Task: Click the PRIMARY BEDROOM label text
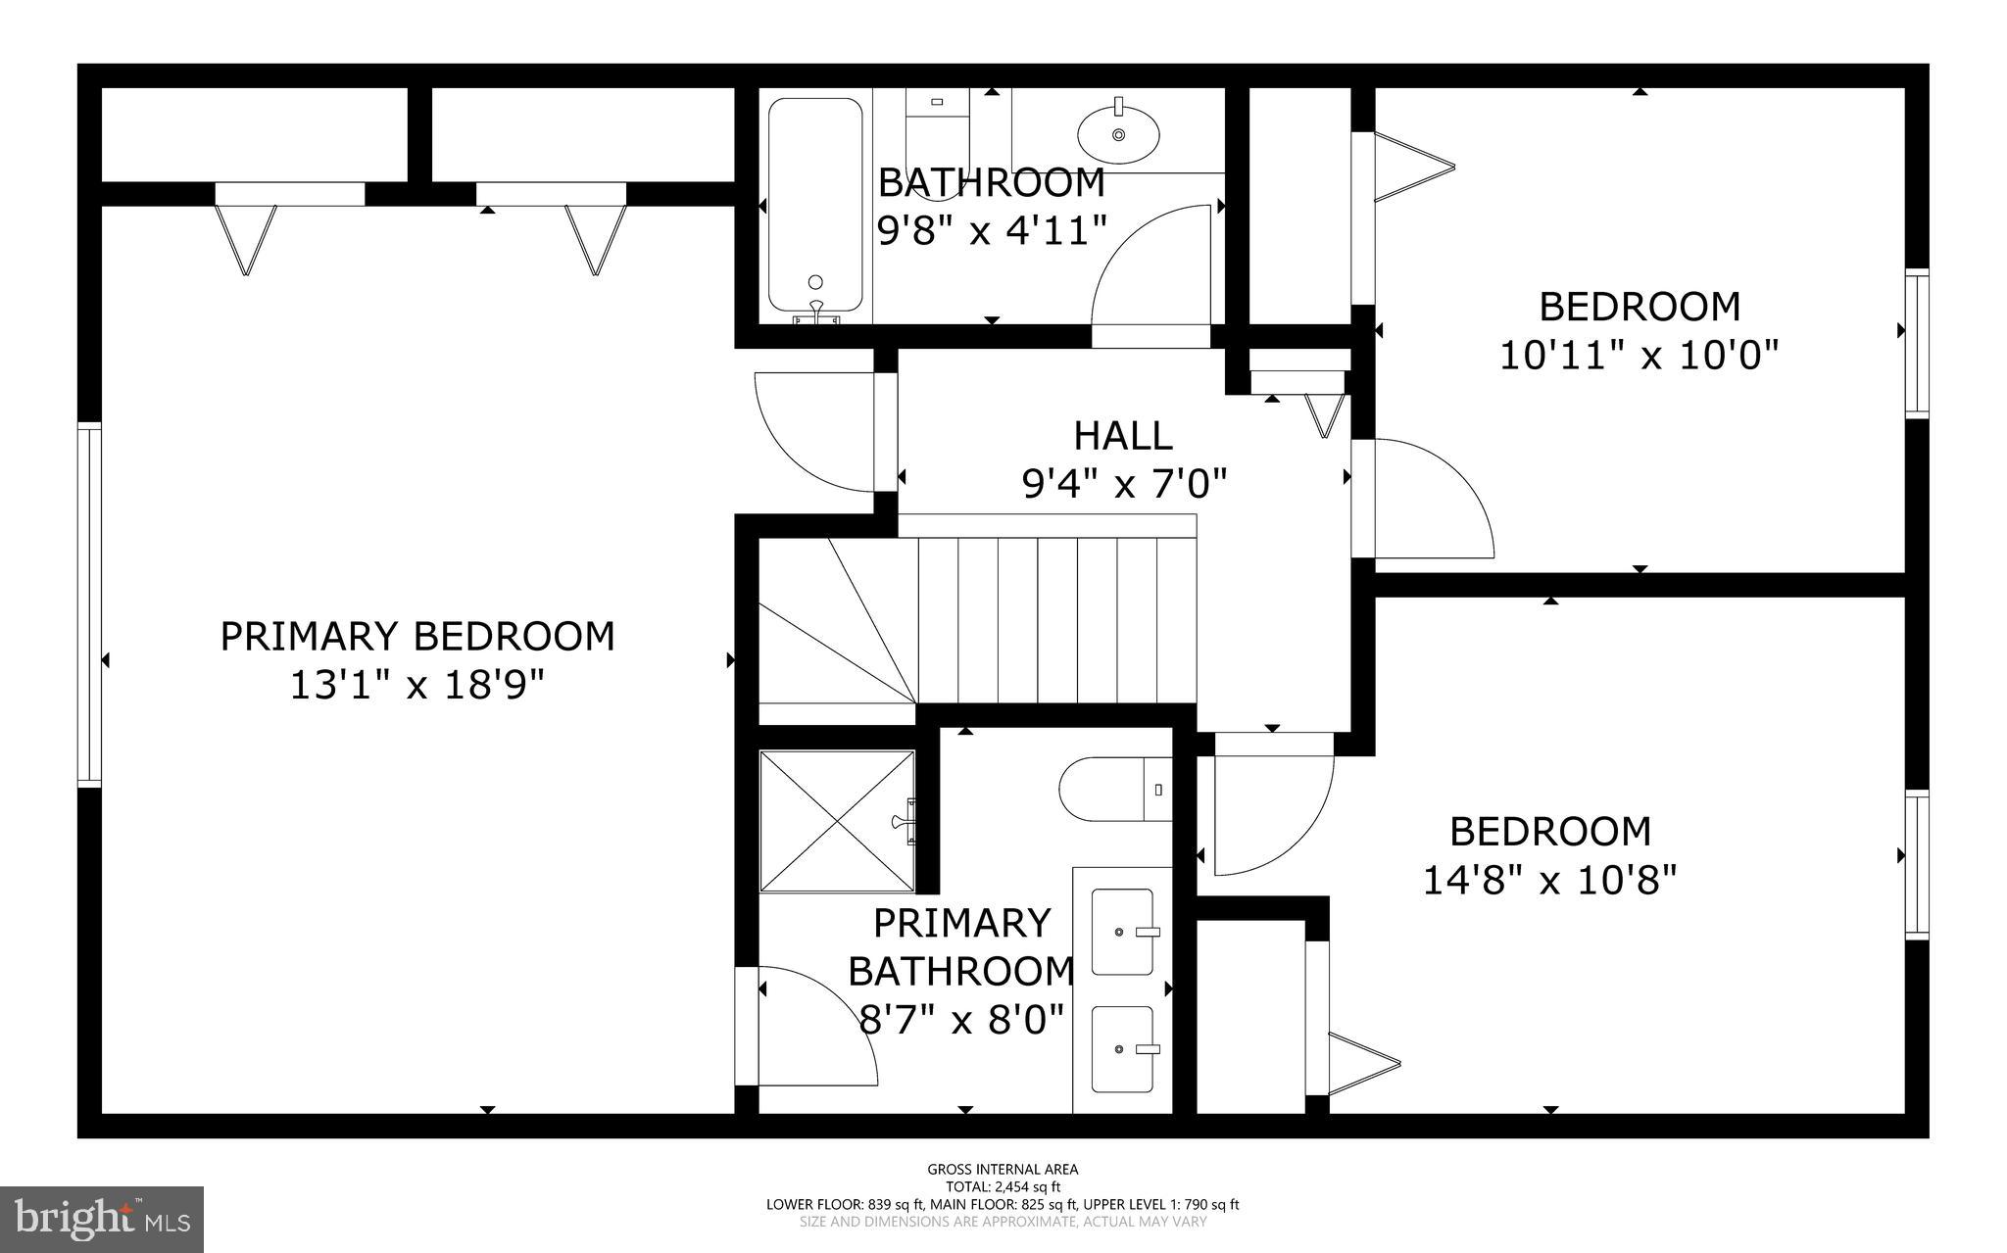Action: point(417,637)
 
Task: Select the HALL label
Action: point(1123,436)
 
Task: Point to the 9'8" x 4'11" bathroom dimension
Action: point(991,231)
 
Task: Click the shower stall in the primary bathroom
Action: point(838,821)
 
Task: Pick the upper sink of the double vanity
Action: point(1123,932)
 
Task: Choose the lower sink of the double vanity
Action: point(1123,1049)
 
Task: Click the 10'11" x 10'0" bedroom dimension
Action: point(1640,355)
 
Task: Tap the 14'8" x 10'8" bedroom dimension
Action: point(1549,880)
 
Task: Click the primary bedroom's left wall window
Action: point(90,604)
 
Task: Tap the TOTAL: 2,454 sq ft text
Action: point(1003,1187)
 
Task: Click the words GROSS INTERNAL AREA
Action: point(1003,1169)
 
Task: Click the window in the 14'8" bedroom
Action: point(1917,864)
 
